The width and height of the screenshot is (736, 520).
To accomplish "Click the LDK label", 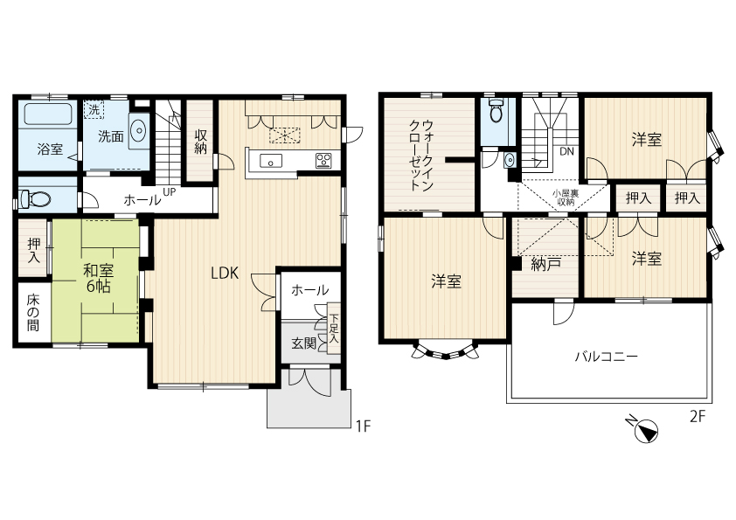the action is (225, 274).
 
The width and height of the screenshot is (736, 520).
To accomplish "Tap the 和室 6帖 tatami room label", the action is (98, 278).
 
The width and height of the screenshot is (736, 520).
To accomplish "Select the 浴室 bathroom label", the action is (50, 149).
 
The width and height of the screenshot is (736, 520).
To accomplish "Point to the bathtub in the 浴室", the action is (48, 114).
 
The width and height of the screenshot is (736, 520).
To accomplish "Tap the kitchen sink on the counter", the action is (271, 161).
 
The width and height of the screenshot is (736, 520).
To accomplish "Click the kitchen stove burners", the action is (323, 160).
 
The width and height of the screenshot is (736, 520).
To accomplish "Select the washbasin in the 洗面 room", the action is (138, 130).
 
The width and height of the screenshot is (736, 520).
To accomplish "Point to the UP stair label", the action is (169, 192).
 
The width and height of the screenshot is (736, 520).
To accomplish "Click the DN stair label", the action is (567, 152).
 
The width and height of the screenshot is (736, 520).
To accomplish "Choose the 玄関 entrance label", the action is (303, 343).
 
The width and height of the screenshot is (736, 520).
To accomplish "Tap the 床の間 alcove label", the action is (33, 313).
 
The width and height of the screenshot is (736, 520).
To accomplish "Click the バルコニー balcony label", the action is (607, 357).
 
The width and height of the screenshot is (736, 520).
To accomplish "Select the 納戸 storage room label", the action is (546, 264).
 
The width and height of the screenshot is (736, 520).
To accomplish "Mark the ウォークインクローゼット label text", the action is (421, 155).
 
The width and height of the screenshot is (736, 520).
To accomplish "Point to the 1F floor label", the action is (364, 426).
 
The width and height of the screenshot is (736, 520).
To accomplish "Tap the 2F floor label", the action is (698, 416).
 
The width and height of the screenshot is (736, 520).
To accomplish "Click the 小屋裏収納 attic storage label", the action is (566, 198).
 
